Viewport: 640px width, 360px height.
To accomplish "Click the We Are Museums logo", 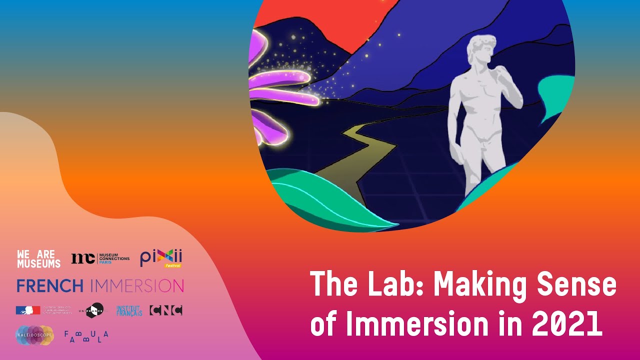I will coord(38,259).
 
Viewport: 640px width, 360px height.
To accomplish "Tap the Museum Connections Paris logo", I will coord(100,258).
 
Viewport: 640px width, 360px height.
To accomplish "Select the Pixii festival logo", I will coord(161,258).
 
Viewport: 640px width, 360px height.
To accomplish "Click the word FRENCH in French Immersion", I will coord(50,286).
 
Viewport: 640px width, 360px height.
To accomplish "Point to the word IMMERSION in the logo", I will coord(137,286).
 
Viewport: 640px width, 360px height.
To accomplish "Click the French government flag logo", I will coord(28,310).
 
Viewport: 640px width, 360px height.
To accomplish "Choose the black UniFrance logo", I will coord(94,310).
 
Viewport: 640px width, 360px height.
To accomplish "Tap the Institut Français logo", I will coord(129,310).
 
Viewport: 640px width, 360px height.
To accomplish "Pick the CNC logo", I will coord(166,310).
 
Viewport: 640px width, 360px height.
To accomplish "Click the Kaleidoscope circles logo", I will coord(34,335).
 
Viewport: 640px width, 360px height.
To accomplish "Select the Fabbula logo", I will coord(86,336).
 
